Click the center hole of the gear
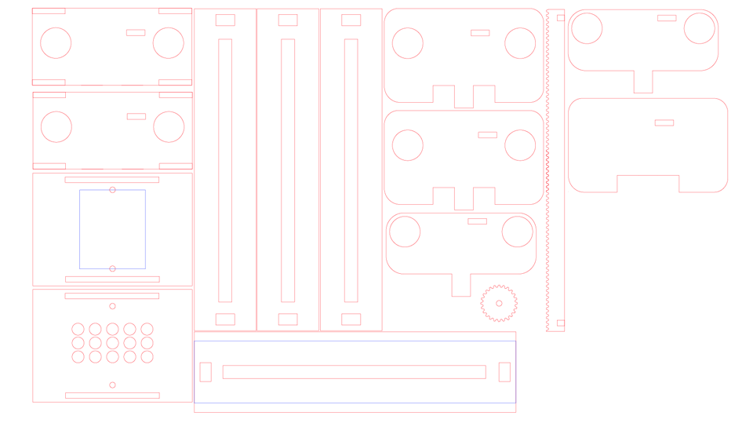(x=499, y=304)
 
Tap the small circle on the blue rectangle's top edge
(x=112, y=190)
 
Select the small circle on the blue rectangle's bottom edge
(x=112, y=268)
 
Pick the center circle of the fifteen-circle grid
(x=112, y=343)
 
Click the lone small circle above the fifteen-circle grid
(x=112, y=306)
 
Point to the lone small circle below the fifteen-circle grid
(x=112, y=385)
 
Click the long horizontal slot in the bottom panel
(x=354, y=372)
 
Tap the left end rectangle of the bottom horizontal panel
(x=206, y=372)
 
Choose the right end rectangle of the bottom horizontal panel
(x=504, y=372)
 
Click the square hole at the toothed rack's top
(x=561, y=18)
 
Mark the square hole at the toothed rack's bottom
(x=561, y=323)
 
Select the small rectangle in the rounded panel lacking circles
(x=664, y=122)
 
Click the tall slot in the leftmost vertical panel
(x=225, y=170)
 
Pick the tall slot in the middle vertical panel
(x=288, y=170)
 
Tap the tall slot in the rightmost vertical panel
(x=351, y=170)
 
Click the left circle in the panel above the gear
(x=405, y=232)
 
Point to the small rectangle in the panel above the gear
(x=477, y=221)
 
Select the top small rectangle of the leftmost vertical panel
(x=225, y=20)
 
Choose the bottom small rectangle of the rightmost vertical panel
(x=351, y=319)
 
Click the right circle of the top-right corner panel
(x=700, y=28)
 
